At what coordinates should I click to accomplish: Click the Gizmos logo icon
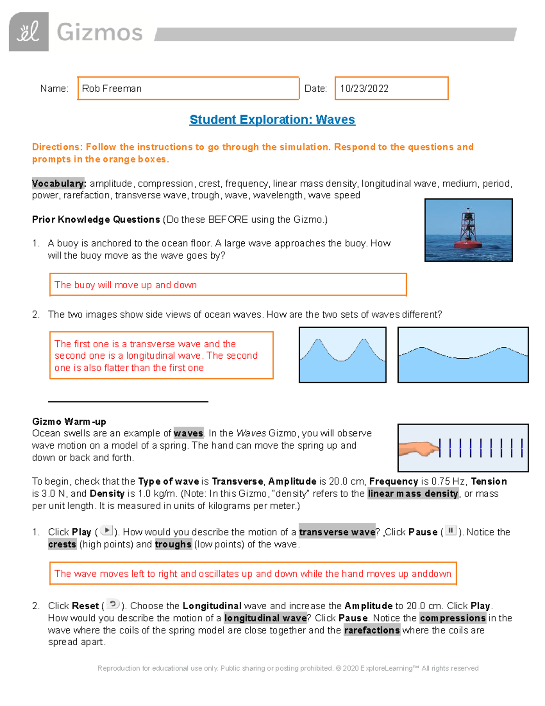coord(29,32)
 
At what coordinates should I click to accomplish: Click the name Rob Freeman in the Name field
coord(112,89)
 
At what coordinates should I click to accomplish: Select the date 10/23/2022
coord(364,89)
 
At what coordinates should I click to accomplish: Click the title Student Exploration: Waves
coord(272,120)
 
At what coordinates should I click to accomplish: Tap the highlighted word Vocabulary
coord(59,184)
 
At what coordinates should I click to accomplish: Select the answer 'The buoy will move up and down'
coord(126,285)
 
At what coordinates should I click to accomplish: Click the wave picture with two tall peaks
coord(342,355)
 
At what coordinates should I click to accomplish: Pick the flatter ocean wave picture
coord(463,355)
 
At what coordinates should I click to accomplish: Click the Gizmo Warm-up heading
coord(69,421)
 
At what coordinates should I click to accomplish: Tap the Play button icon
coord(106,531)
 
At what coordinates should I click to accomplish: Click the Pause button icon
coord(451,531)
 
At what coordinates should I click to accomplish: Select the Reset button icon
coord(113,604)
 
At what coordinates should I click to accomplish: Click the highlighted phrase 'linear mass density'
coord(413,494)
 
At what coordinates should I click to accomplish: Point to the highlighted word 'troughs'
coord(173,544)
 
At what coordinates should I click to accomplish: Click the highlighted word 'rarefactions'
coord(372,630)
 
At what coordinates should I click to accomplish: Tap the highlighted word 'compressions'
coord(453,618)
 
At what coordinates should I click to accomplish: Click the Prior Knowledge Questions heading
coord(96,220)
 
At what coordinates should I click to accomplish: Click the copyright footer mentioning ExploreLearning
coord(288,668)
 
